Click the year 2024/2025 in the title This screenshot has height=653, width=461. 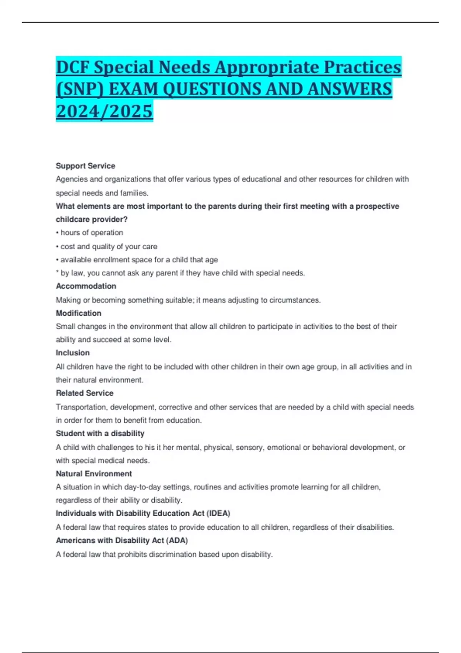click(x=104, y=111)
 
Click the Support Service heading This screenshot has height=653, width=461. click(x=85, y=166)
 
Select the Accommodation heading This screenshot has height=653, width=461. click(x=86, y=286)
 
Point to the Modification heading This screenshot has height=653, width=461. click(x=78, y=313)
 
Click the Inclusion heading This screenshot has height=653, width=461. click(x=73, y=353)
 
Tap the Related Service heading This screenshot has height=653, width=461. click(x=85, y=393)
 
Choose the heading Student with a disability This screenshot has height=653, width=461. click(x=100, y=433)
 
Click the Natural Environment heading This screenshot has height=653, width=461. click(x=94, y=474)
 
